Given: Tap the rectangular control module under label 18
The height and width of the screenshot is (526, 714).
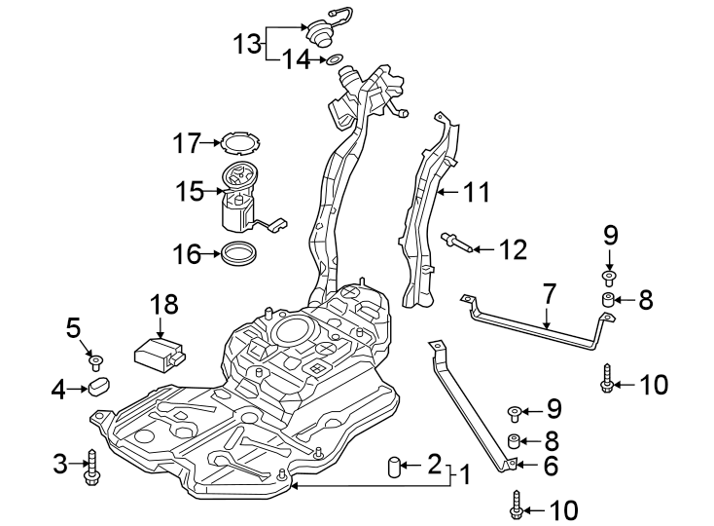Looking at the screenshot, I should click(x=159, y=352).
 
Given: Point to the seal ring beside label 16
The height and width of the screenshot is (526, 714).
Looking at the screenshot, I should click(x=236, y=255).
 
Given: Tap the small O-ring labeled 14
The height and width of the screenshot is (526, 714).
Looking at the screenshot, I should click(x=334, y=60).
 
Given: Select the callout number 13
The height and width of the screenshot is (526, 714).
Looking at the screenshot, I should click(x=247, y=44).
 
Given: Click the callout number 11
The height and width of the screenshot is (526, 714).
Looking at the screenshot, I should click(x=476, y=193).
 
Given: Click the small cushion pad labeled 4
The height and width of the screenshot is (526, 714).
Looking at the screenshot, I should click(x=100, y=390).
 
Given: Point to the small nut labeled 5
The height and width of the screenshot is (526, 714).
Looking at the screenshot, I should click(x=95, y=362).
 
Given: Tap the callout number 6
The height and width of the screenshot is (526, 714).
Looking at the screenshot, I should click(x=551, y=467).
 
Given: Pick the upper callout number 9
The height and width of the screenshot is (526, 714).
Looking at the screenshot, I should click(x=610, y=235).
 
